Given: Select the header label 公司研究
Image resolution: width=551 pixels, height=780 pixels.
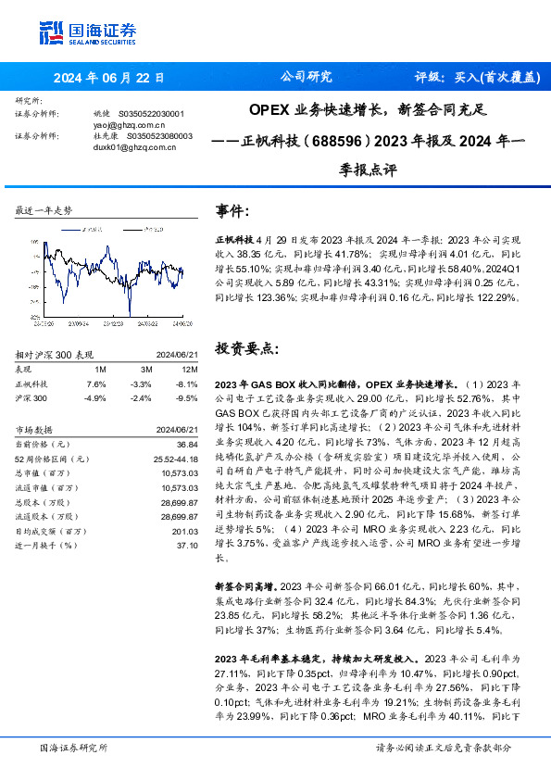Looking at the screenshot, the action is click(306, 77).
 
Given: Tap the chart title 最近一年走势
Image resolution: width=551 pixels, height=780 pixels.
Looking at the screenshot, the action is click(44, 211).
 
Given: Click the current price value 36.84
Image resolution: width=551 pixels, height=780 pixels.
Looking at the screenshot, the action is click(188, 446).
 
